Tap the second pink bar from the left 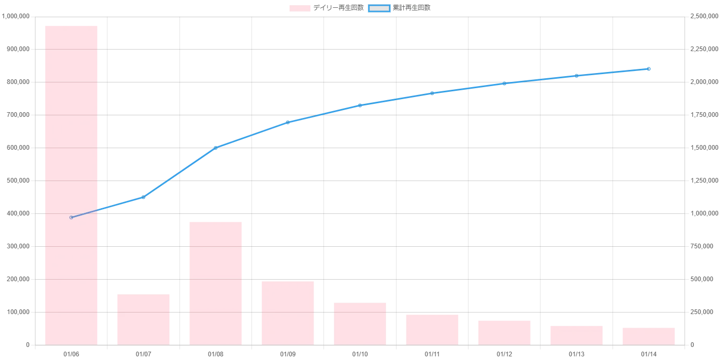click(143, 318)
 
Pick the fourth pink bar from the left click(287, 312)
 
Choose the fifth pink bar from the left click(360, 322)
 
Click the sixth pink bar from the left click(432, 329)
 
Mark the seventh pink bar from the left click(504, 331)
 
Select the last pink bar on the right click(649, 335)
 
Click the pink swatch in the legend click(300, 8)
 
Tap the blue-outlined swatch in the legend click(379, 8)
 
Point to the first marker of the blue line click(71, 218)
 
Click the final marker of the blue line click(649, 69)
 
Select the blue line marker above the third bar click(215, 147)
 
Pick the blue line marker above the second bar click(143, 198)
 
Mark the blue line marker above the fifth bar click(360, 105)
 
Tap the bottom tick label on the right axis click(693, 345)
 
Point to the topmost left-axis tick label click(16, 17)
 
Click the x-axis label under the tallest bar click(71, 355)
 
